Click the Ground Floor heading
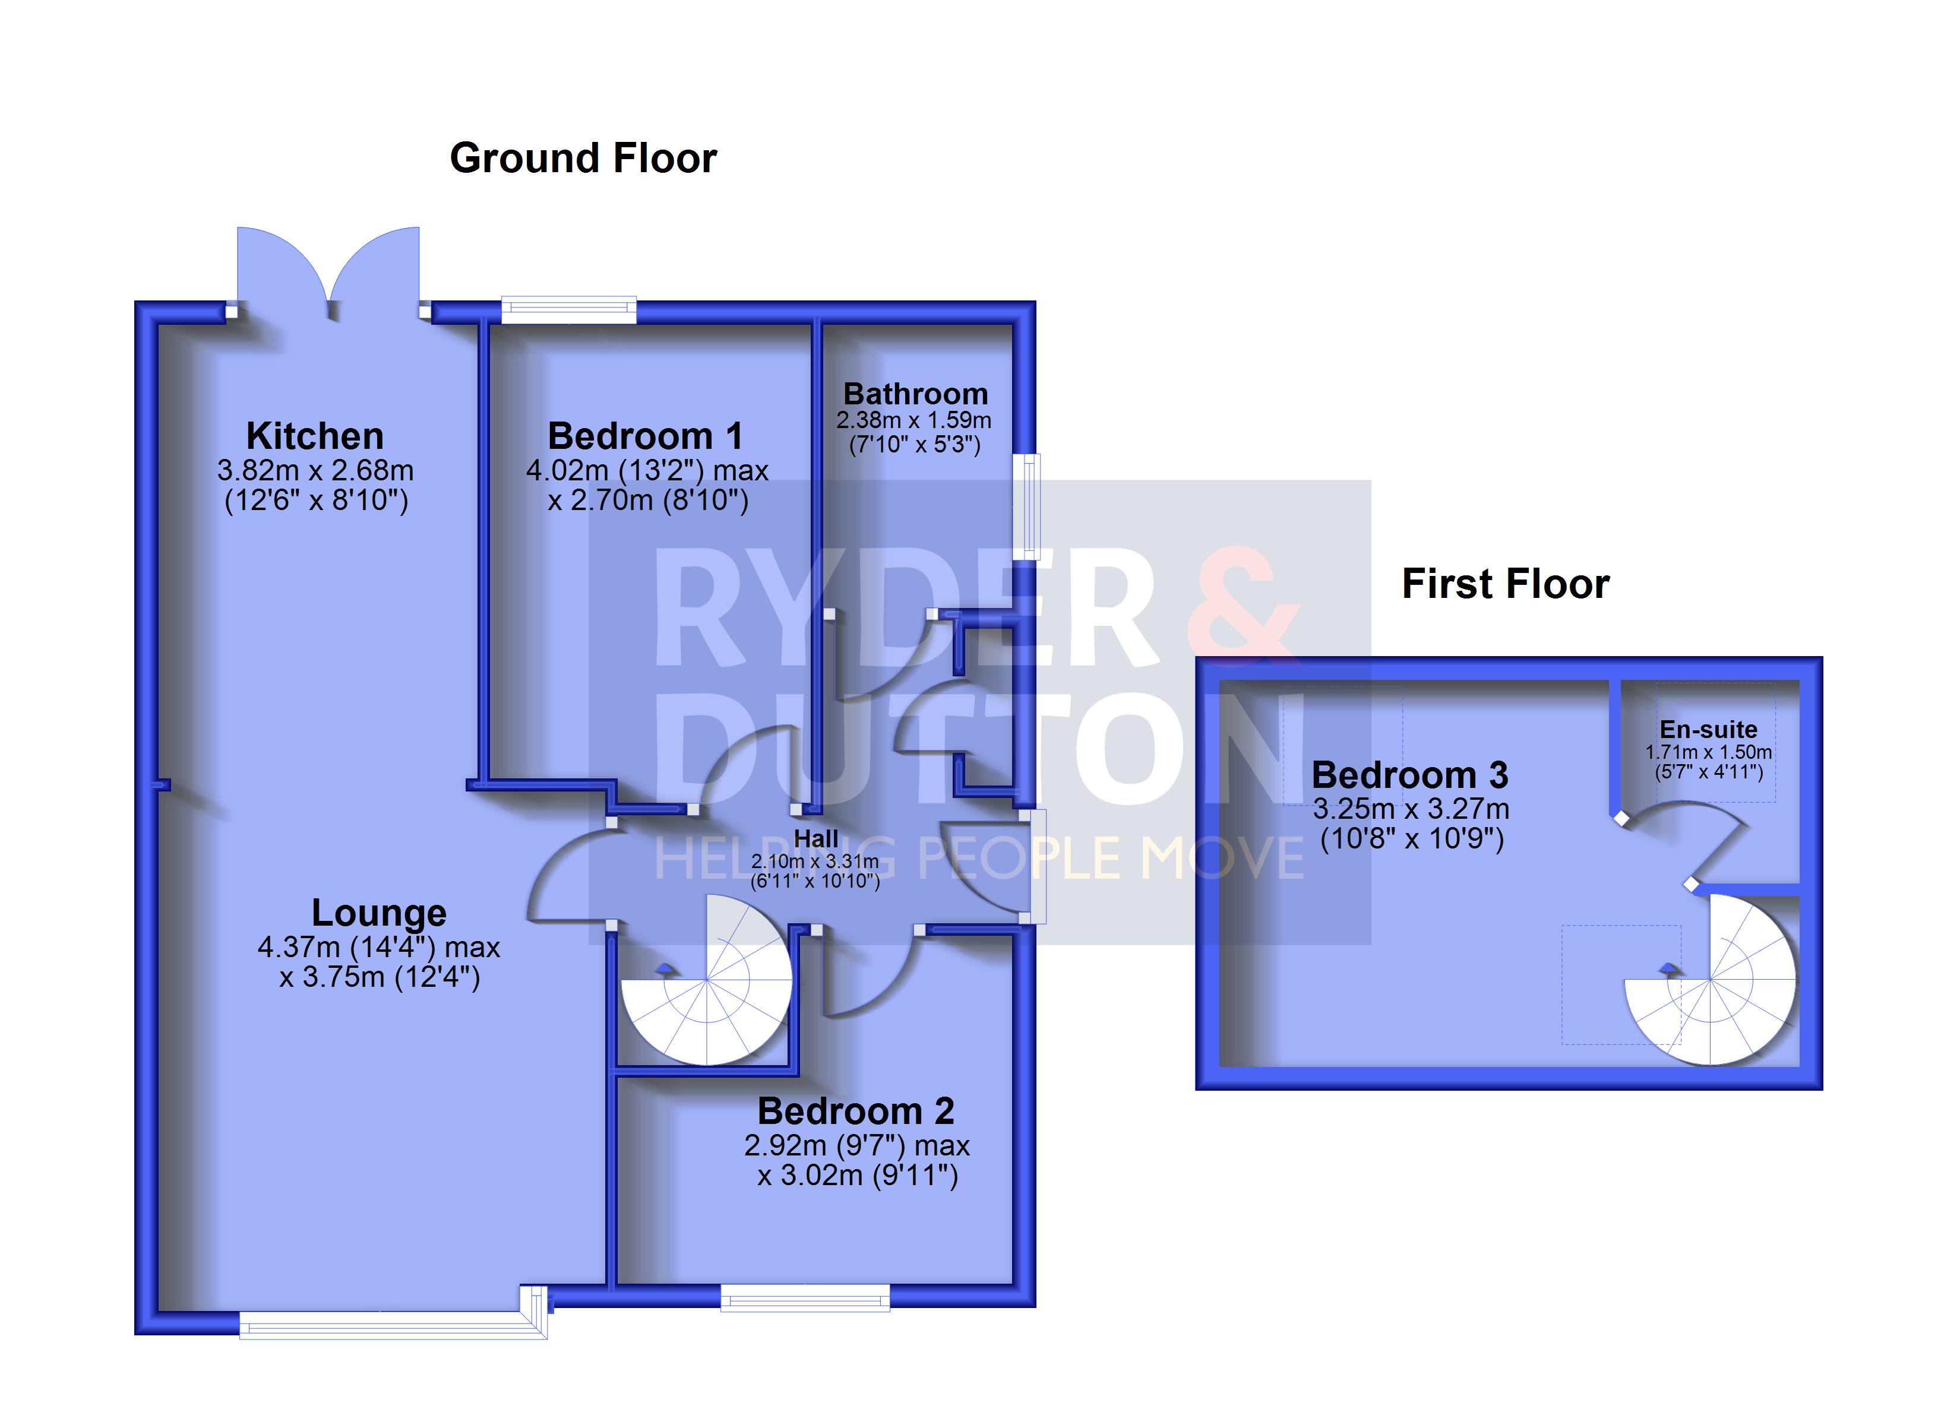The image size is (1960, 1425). tap(583, 158)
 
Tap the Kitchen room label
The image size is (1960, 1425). tap(315, 436)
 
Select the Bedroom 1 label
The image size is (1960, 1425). tap(646, 436)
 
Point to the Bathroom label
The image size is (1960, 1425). tap(916, 394)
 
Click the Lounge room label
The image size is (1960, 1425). tap(378, 913)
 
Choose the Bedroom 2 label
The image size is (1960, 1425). tap(855, 1111)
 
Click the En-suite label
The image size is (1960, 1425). tap(1709, 729)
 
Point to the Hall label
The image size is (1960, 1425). tap(816, 839)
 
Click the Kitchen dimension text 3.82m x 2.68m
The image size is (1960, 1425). tap(315, 471)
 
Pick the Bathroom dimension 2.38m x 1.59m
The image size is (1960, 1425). tap(913, 421)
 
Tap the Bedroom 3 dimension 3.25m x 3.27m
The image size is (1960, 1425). tap(1411, 810)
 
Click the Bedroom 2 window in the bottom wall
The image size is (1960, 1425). tap(805, 1297)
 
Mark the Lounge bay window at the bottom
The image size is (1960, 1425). tap(393, 1319)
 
